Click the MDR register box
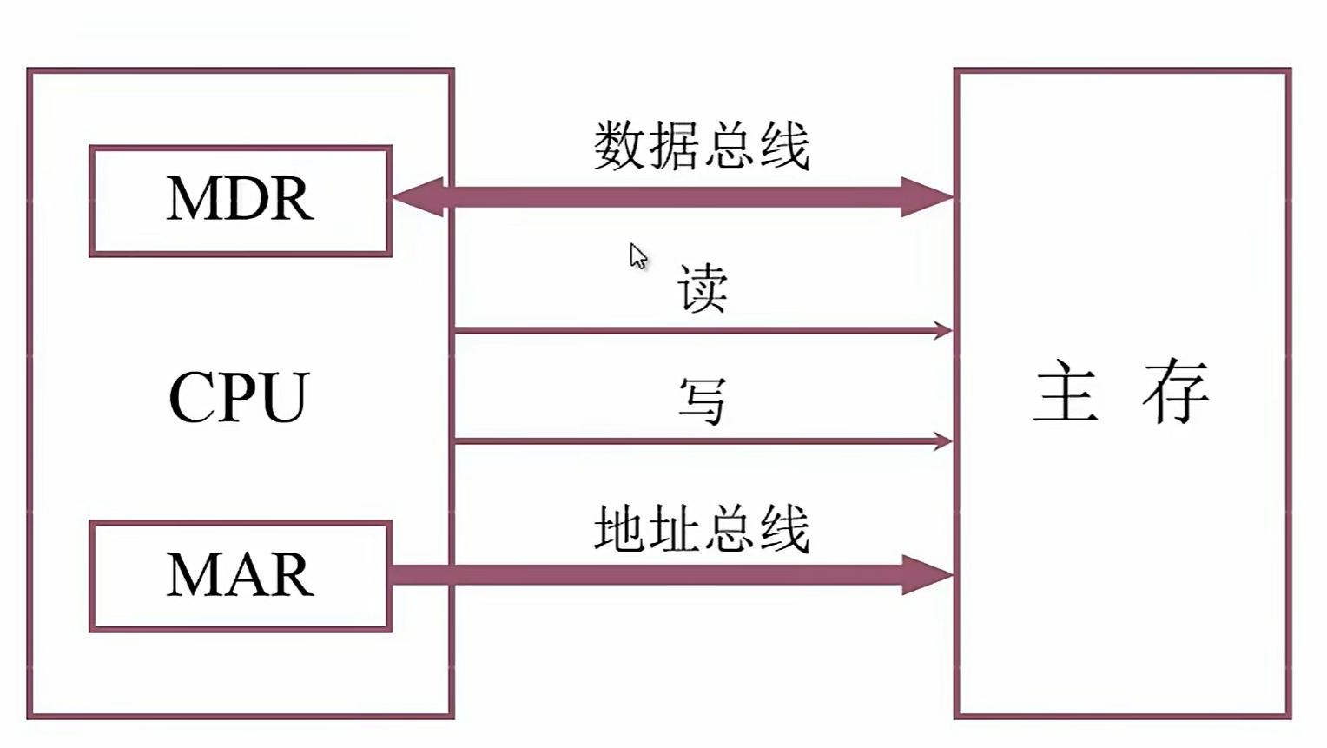(241, 201)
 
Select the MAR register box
(241, 576)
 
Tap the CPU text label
(239, 398)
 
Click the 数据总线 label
(702, 145)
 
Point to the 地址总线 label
(702, 528)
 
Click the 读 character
(702, 288)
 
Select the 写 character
(702, 400)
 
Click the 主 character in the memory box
(1066, 392)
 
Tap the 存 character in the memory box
(1176, 392)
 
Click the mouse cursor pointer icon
(638, 256)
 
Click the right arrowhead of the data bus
(927, 197)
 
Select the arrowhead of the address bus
(927, 575)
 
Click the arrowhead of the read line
(942, 330)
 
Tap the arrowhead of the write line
(942, 441)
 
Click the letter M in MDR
(190, 200)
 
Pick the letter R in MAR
(291, 576)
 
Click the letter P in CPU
(239, 398)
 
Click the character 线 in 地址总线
(785, 528)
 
